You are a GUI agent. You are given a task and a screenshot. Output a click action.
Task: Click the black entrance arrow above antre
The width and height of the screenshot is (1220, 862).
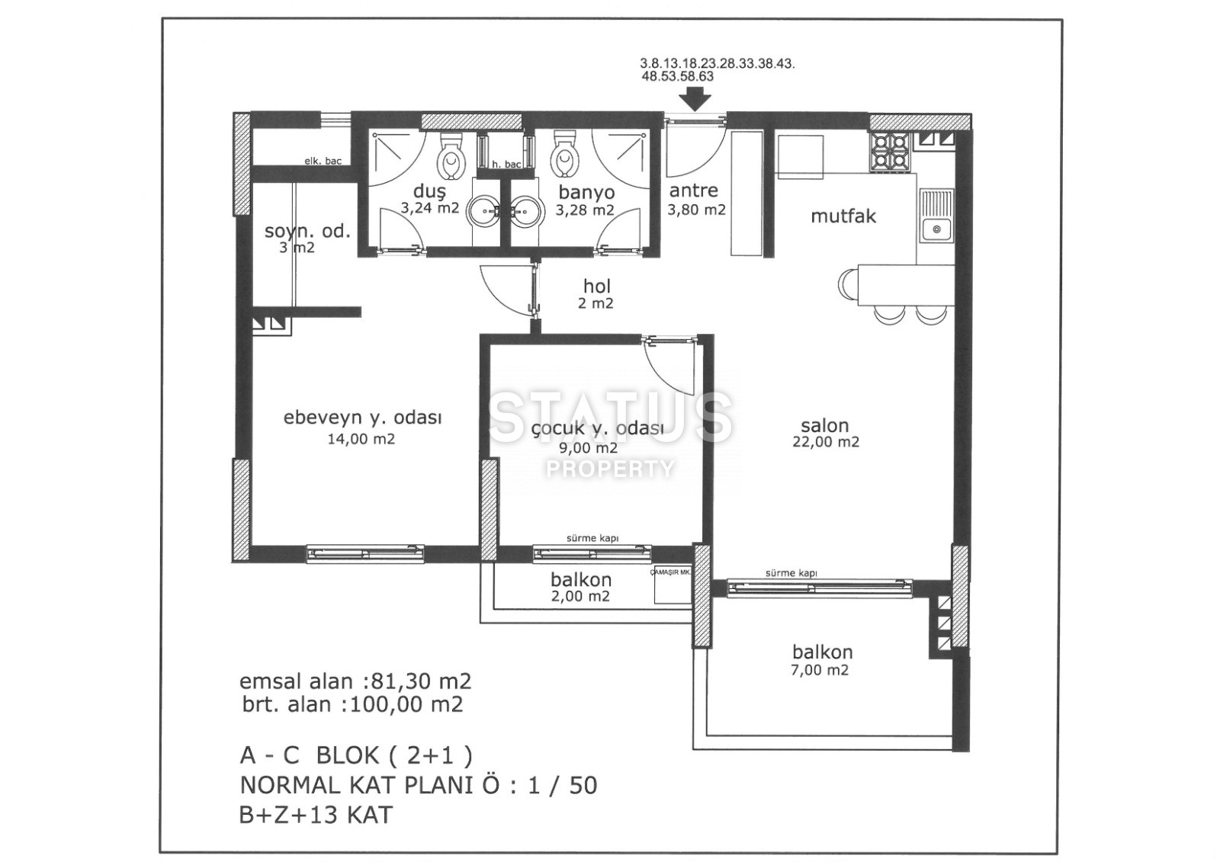(695, 100)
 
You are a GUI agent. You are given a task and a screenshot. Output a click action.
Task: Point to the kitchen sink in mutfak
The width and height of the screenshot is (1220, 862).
(936, 216)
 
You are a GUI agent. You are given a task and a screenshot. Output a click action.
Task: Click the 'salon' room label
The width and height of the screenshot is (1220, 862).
(824, 425)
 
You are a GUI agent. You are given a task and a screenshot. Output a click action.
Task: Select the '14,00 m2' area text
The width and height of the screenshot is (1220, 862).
(361, 440)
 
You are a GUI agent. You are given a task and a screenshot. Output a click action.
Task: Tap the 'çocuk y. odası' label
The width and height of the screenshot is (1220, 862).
(597, 429)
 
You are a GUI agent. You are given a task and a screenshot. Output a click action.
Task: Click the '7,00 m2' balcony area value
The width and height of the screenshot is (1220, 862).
(819, 671)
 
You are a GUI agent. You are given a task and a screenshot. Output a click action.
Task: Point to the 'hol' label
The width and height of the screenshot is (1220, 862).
(597, 286)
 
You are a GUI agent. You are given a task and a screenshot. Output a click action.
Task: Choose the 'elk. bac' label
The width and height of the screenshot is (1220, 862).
(323, 161)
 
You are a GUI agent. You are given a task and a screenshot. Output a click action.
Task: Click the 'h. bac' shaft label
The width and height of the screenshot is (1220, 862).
(506, 164)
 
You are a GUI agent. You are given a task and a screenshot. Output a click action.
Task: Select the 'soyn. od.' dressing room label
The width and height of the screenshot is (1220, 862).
(307, 232)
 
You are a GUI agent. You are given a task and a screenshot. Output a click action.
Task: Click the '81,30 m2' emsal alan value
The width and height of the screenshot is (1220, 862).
(420, 681)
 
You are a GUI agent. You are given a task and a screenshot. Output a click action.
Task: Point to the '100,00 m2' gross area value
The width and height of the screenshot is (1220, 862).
(406, 705)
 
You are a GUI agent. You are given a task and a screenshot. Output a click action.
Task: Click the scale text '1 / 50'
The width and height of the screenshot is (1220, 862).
(562, 785)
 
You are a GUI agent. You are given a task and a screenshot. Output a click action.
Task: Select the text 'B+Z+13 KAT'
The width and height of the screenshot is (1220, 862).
(316, 816)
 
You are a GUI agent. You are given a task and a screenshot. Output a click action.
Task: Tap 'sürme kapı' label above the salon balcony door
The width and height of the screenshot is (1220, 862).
(791, 573)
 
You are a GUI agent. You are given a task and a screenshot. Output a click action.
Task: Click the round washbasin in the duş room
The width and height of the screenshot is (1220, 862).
(482, 211)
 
